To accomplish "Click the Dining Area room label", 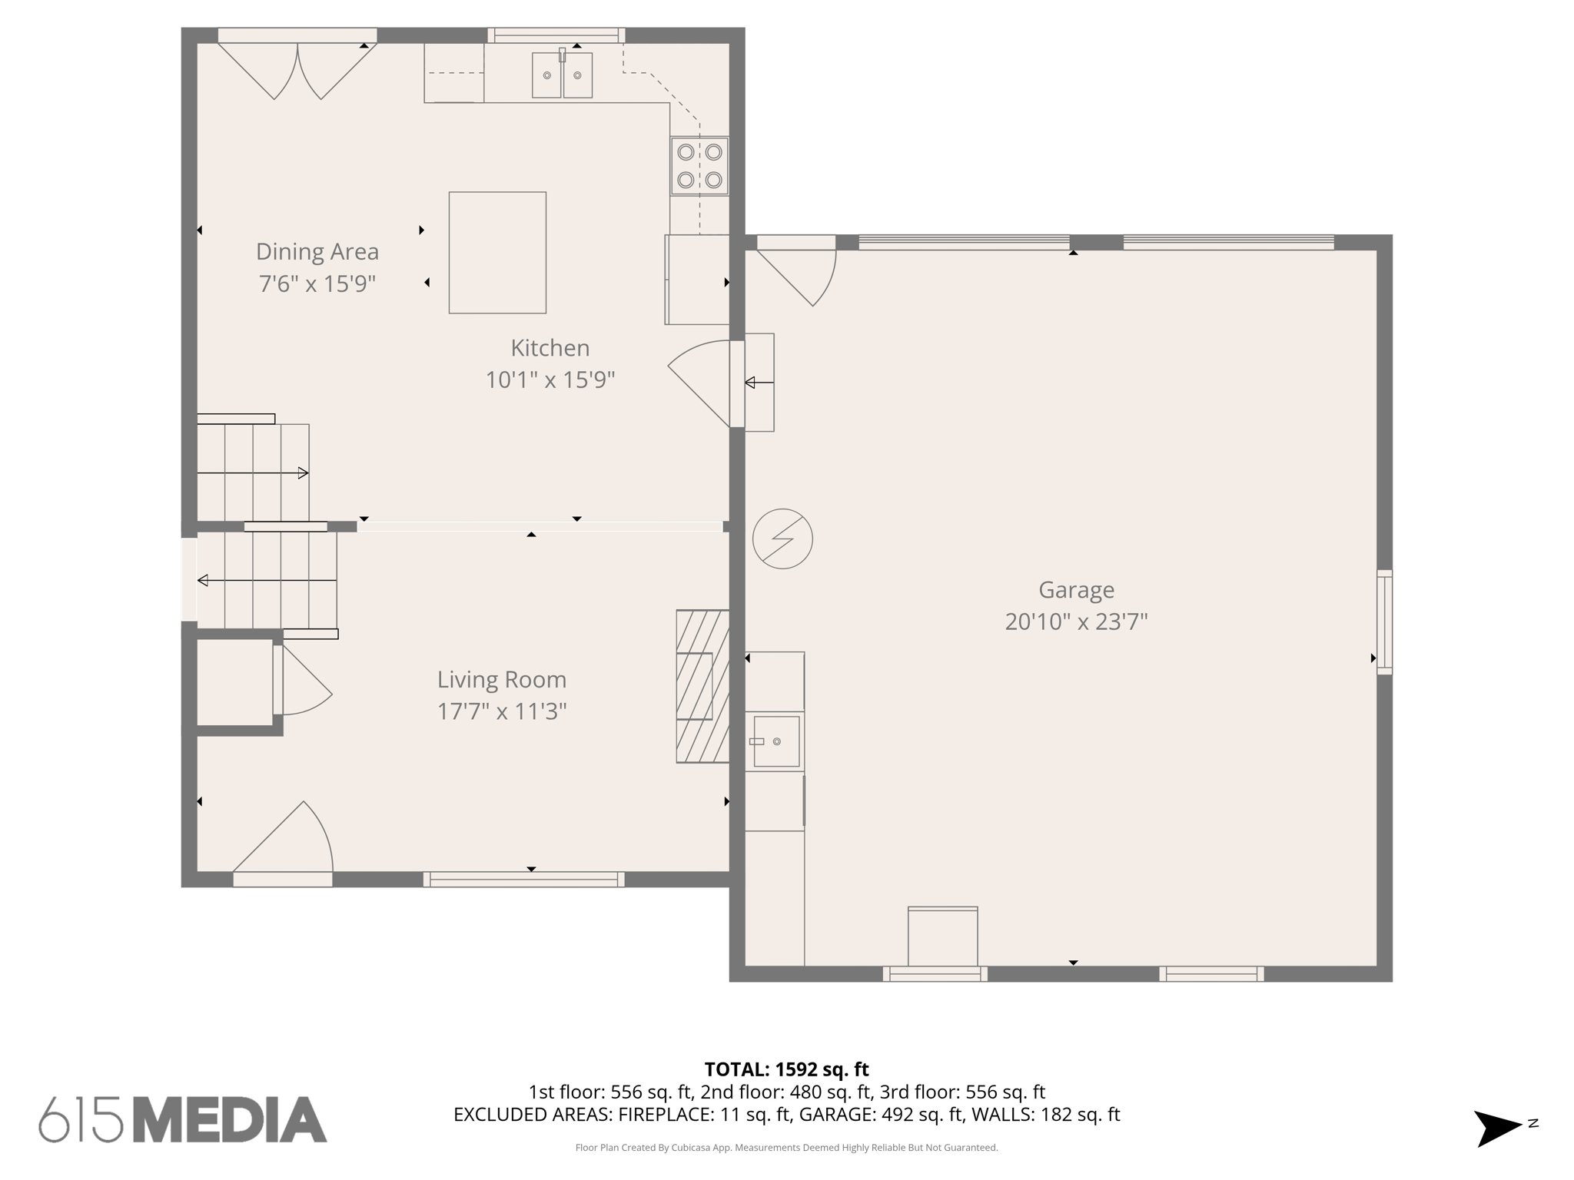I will coord(317,252).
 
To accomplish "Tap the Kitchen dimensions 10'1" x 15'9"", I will coord(550,380).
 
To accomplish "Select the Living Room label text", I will coord(502,680).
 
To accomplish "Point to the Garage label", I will coord(1076,590).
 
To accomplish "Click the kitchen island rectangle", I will coord(497,253).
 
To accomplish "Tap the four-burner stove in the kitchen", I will coord(699,166).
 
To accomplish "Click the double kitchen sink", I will coord(562,75).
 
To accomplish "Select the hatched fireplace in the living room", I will coord(702,686).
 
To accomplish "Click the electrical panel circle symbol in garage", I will coord(782,539).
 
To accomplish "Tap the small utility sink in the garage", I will coord(776,741).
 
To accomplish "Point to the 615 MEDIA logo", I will coord(183,1119).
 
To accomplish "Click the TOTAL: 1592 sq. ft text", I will coord(786,1069).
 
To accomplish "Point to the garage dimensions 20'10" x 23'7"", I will coord(1076,621).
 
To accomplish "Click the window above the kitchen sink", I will coord(556,35).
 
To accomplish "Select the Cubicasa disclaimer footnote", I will coord(786,1148).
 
